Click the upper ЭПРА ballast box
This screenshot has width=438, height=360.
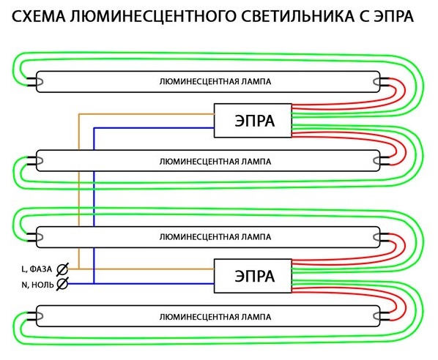[x=253, y=121]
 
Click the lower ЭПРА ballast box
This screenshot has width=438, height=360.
[x=253, y=276]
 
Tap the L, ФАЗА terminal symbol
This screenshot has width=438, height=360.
[x=62, y=269]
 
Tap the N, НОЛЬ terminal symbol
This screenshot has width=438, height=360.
[x=62, y=284]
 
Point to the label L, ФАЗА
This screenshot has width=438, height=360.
[x=37, y=269]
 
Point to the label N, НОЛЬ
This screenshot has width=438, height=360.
[x=37, y=285]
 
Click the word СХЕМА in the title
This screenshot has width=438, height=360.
[x=39, y=17]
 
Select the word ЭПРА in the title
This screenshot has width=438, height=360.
[x=393, y=17]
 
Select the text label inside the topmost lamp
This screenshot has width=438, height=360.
[x=215, y=82]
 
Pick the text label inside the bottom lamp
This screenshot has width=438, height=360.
[x=215, y=318]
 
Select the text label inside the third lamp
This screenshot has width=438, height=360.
[x=215, y=237]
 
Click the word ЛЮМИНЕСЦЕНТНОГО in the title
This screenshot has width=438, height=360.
[x=153, y=17]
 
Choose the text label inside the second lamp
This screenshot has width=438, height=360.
[x=215, y=162]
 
